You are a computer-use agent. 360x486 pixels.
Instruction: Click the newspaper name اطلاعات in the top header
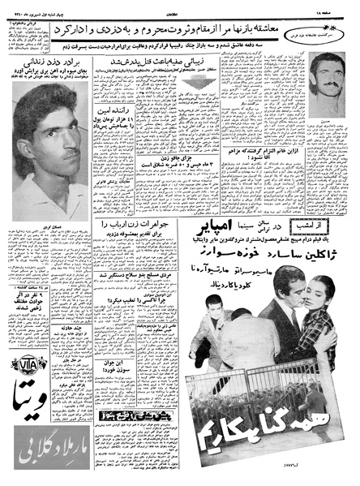(x=181, y=11)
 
